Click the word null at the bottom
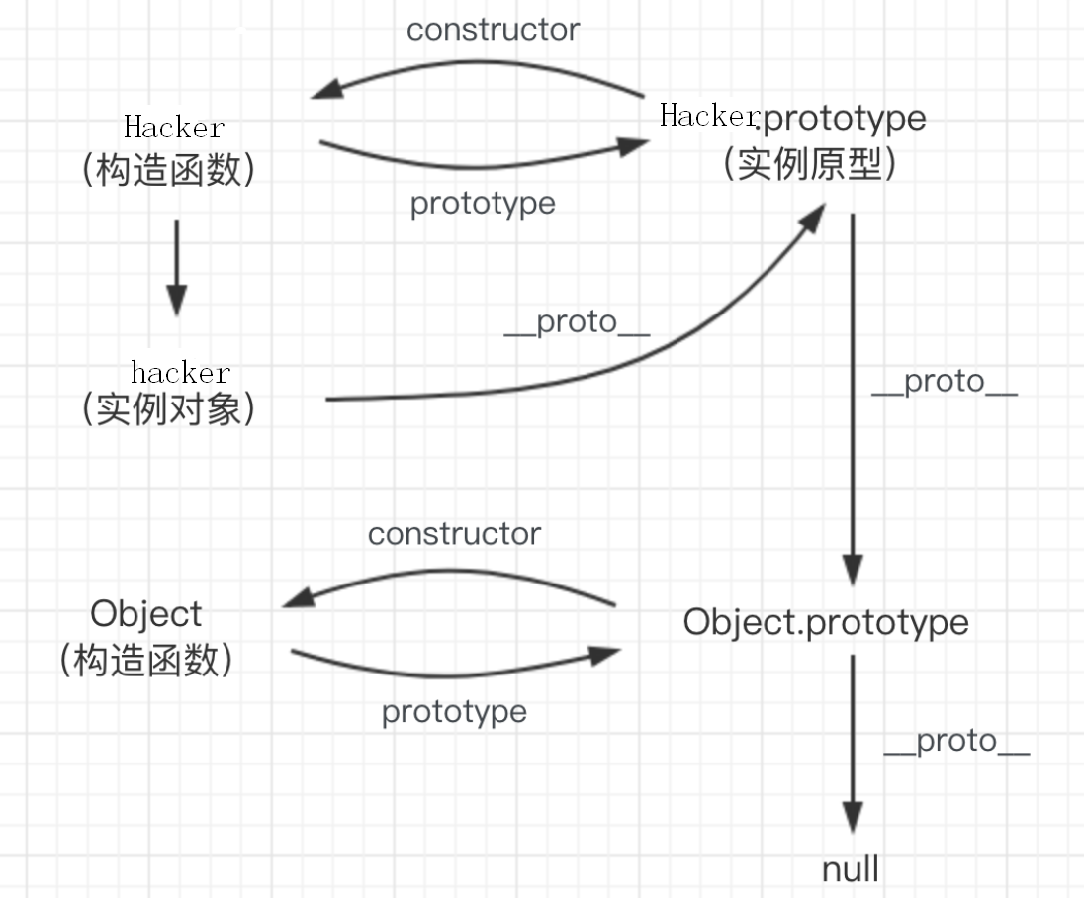[x=851, y=870]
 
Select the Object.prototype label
[x=826, y=622]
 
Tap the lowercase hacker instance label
[x=180, y=372]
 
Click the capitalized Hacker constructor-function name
[x=174, y=127]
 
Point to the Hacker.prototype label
[x=793, y=117]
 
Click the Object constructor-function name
[x=145, y=613]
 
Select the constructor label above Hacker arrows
[x=493, y=29]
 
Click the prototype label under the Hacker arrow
[x=483, y=203]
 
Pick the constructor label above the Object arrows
[x=454, y=534]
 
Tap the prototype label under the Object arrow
[x=454, y=711]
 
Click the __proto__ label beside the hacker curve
[x=577, y=322]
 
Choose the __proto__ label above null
[x=956, y=741]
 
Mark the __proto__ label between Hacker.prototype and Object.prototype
[x=944, y=381]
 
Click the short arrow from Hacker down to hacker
[x=176, y=267]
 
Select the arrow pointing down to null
[x=852, y=742]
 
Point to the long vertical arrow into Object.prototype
[x=853, y=396]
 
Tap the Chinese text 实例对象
[x=170, y=408]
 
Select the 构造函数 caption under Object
[x=146, y=659]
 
